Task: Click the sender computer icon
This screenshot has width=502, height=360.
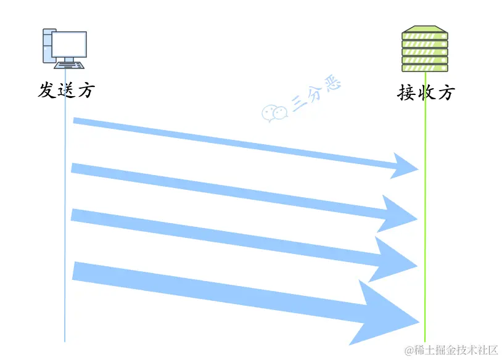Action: coord(64,48)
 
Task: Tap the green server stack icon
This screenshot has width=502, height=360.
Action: coord(425,49)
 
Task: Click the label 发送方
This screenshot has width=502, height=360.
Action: coord(67,90)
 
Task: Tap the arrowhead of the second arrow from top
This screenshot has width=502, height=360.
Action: coord(398,214)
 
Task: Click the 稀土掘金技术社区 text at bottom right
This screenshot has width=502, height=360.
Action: coord(456,350)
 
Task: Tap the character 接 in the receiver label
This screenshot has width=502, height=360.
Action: coord(407,93)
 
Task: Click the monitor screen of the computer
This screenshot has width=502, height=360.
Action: coord(69,44)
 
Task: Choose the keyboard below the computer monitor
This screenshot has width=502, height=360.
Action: coord(69,64)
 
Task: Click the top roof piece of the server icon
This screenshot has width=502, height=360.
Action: coord(425,29)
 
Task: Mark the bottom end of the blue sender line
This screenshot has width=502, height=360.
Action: coord(65,340)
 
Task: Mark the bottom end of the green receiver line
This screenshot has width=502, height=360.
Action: coord(425,340)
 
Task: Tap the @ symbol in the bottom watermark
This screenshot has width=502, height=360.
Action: coord(408,350)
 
